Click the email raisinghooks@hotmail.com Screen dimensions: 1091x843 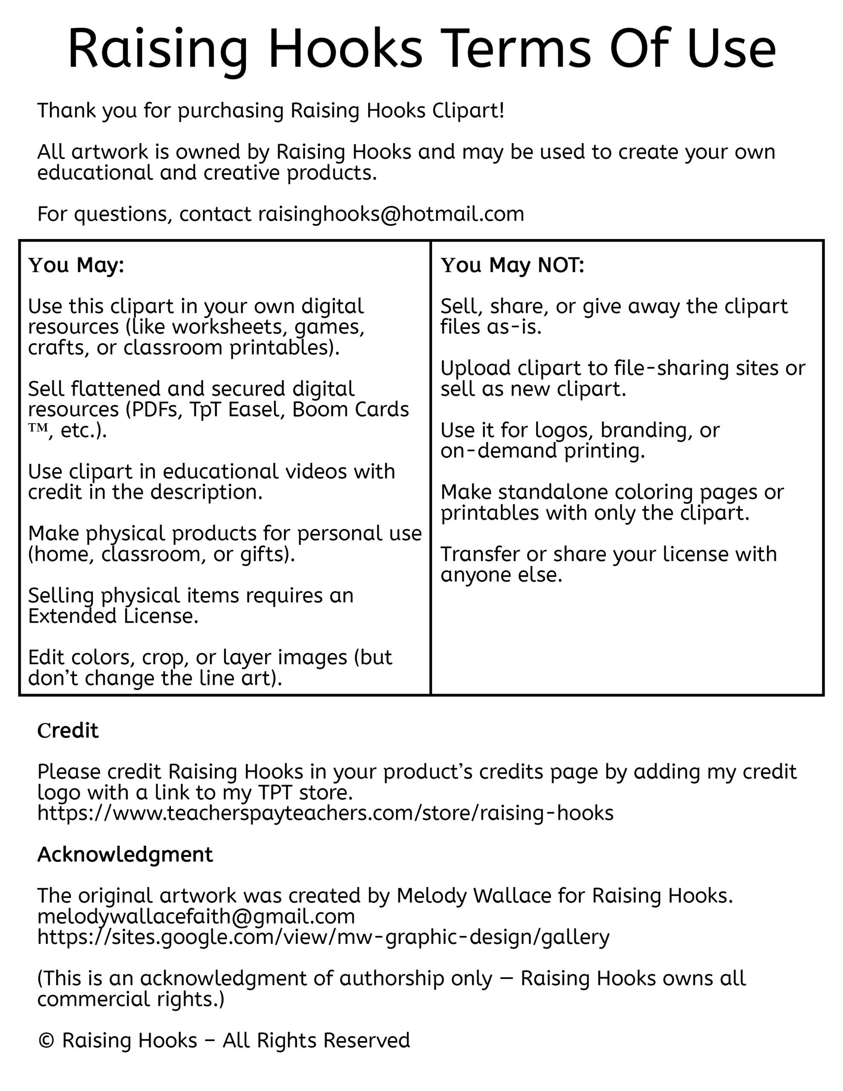tap(391, 214)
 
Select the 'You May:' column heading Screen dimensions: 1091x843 tap(76, 265)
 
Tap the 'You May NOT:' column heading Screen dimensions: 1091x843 tap(512, 265)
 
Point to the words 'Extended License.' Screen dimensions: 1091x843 tap(113, 616)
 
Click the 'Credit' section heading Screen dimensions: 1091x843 tap(68, 730)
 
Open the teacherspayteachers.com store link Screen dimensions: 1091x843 tap(325, 813)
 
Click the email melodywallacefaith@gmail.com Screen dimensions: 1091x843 tap(196, 916)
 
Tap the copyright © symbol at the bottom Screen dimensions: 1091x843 tap(46, 1040)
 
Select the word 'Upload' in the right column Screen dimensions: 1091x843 tap(475, 368)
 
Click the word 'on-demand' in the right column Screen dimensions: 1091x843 tap(498, 450)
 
